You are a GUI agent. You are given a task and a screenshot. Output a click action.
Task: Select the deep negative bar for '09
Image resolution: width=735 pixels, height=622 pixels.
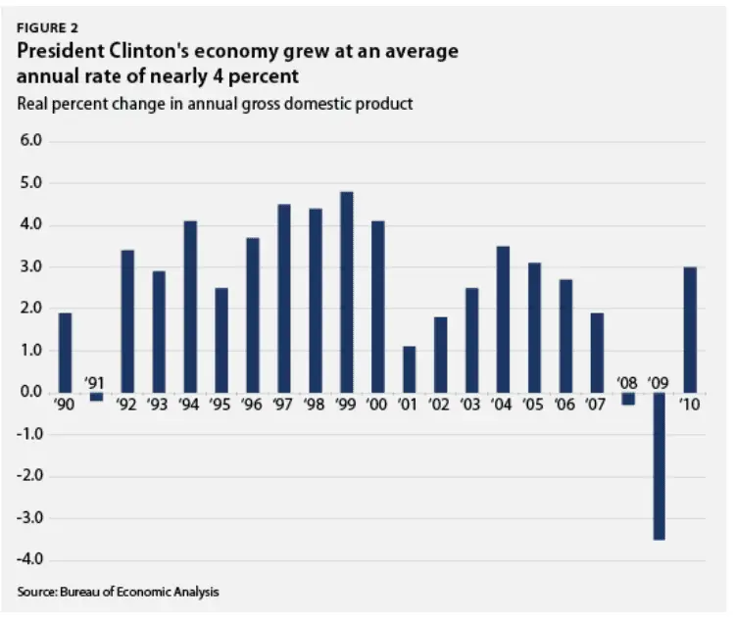click(x=660, y=465)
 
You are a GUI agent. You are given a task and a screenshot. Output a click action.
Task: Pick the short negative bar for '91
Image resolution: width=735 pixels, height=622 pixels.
click(x=96, y=397)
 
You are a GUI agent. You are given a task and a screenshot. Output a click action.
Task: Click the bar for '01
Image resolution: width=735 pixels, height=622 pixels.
click(x=409, y=369)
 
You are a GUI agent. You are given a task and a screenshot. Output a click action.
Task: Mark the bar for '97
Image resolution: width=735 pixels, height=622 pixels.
click(x=284, y=298)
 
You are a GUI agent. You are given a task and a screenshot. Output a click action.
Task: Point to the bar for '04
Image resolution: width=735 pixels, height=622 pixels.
click(x=503, y=319)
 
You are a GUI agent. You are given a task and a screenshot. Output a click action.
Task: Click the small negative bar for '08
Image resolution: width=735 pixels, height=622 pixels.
click(x=628, y=399)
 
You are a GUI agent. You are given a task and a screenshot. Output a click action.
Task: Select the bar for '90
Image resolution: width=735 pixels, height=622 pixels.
click(x=65, y=353)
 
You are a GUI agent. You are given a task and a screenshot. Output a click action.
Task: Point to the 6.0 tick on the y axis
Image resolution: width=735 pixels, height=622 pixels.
click(x=31, y=141)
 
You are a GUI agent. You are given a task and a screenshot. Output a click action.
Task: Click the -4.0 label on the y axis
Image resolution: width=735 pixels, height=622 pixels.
click(x=29, y=560)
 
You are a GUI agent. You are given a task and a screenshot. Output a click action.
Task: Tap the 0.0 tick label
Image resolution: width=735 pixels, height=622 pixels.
click(x=31, y=393)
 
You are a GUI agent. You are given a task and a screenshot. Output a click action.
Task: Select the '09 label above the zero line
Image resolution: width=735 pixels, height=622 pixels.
click(x=659, y=380)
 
